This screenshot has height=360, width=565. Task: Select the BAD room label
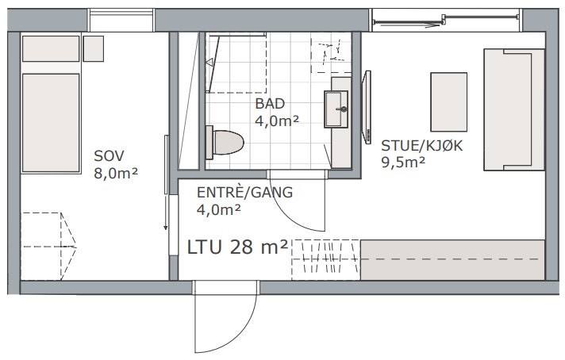coord(270,104)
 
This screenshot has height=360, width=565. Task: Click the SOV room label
coord(109,155)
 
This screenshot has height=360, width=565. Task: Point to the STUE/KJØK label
coord(417,145)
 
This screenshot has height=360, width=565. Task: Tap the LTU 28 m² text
coord(237,247)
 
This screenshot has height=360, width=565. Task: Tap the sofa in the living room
coord(513,109)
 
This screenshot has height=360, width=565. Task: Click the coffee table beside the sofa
coord(448,102)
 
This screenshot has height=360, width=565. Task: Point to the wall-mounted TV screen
coord(367,106)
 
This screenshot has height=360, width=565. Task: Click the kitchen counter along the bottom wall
coord(452,260)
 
